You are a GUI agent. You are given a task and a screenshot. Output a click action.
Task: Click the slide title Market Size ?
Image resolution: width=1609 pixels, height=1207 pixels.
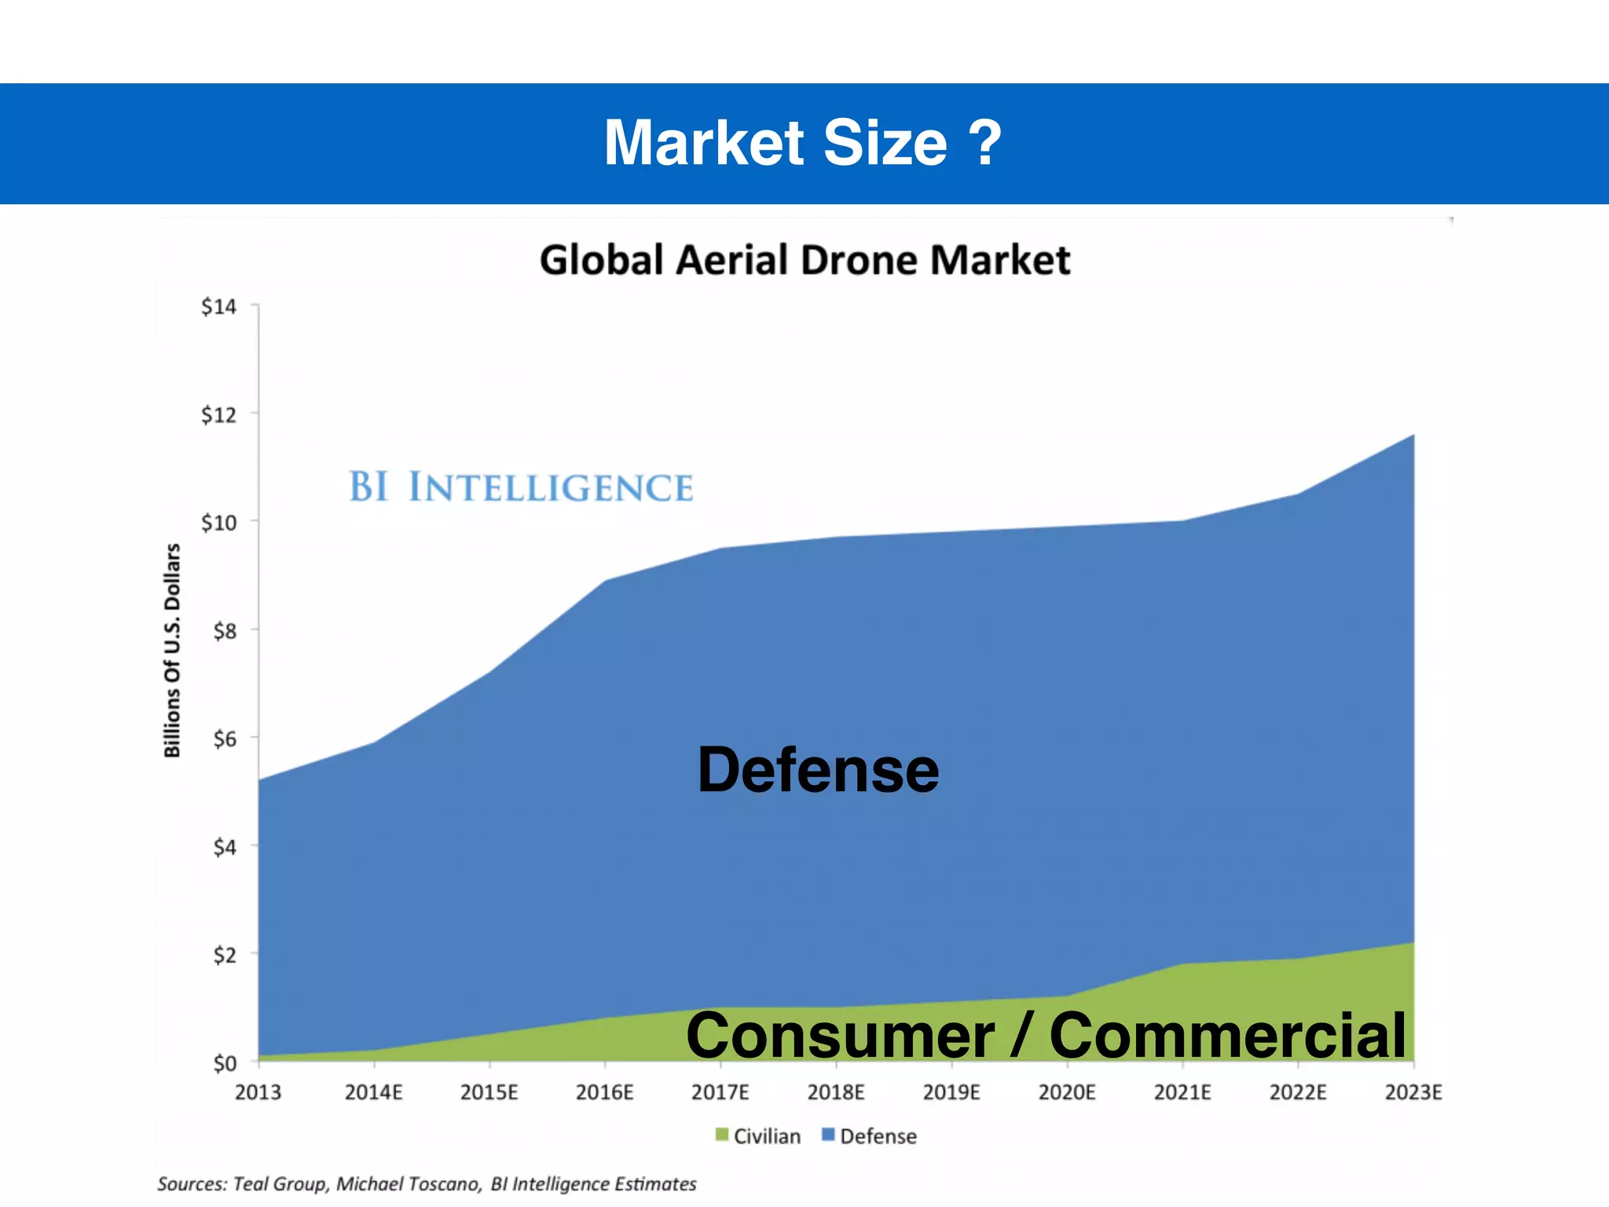click(x=803, y=143)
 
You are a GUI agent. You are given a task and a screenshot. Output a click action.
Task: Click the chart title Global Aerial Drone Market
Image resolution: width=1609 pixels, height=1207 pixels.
click(x=804, y=260)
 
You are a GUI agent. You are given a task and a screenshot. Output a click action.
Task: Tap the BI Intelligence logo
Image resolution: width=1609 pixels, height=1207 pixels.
click(x=521, y=487)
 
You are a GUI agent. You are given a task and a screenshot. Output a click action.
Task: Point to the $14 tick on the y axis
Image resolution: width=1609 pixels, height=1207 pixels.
click(x=218, y=306)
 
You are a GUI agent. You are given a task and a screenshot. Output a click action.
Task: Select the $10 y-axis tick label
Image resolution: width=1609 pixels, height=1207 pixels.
click(x=218, y=523)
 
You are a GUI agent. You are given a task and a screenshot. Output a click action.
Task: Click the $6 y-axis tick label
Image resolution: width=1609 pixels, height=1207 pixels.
click(x=224, y=739)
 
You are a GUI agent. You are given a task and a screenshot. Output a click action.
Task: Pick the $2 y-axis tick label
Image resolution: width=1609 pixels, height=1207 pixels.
click(x=224, y=955)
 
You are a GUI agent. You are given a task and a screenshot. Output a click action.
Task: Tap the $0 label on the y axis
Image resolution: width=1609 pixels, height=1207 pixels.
click(x=224, y=1063)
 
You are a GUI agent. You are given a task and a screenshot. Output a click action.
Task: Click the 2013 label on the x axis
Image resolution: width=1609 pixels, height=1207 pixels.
click(x=258, y=1092)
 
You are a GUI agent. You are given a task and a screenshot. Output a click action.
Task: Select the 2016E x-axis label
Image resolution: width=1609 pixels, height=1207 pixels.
click(x=604, y=1092)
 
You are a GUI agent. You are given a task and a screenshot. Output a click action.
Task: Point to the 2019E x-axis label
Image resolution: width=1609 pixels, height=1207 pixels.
click(x=951, y=1092)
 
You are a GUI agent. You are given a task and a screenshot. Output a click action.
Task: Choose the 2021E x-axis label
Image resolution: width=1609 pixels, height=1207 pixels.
click(x=1182, y=1092)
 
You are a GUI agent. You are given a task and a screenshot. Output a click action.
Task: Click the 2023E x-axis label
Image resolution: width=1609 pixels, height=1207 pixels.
click(x=1413, y=1092)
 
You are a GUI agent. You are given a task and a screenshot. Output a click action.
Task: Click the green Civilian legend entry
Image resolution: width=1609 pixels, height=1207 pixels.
click(x=758, y=1136)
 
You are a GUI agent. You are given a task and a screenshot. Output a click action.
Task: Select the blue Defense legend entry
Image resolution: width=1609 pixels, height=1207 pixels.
click(x=869, y=1136)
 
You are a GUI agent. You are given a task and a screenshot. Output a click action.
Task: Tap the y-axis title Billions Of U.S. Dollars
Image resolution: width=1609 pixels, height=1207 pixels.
click(x=172, y=651)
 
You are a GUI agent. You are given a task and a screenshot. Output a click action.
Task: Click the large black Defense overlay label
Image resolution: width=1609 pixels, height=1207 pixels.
click(x=818, y=770)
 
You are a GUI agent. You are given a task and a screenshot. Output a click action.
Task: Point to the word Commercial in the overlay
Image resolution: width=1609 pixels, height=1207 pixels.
click(x=1227, y=1035)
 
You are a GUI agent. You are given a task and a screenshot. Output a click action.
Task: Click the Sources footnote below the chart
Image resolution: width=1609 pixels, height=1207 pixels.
click(x=427, y=1184)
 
